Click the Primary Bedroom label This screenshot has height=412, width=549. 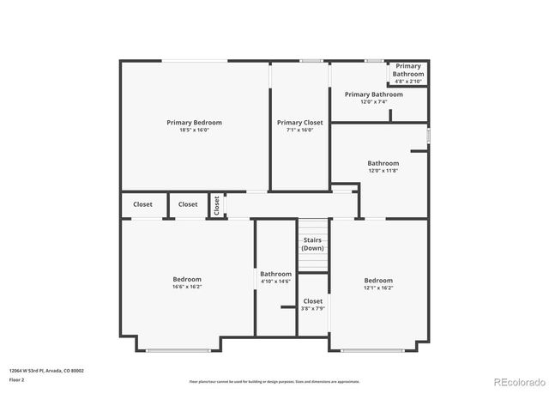194,123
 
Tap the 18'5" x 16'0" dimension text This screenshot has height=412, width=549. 194,130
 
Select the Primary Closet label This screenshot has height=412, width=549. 300,123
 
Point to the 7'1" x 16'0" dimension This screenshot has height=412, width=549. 300,130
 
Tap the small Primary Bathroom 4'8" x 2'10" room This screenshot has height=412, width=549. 408,70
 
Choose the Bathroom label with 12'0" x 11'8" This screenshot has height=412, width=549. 383,163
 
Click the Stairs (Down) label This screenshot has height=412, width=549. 312,244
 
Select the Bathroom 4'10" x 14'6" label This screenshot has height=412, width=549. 275,275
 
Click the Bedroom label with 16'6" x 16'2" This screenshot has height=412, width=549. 187,279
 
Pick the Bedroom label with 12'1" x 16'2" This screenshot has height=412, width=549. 378,281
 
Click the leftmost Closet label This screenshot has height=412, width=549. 142,204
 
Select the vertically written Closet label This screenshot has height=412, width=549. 217,205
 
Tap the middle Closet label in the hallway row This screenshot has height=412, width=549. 188,204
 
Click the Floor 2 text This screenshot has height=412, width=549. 17,379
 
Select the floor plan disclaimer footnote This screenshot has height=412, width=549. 274,381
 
